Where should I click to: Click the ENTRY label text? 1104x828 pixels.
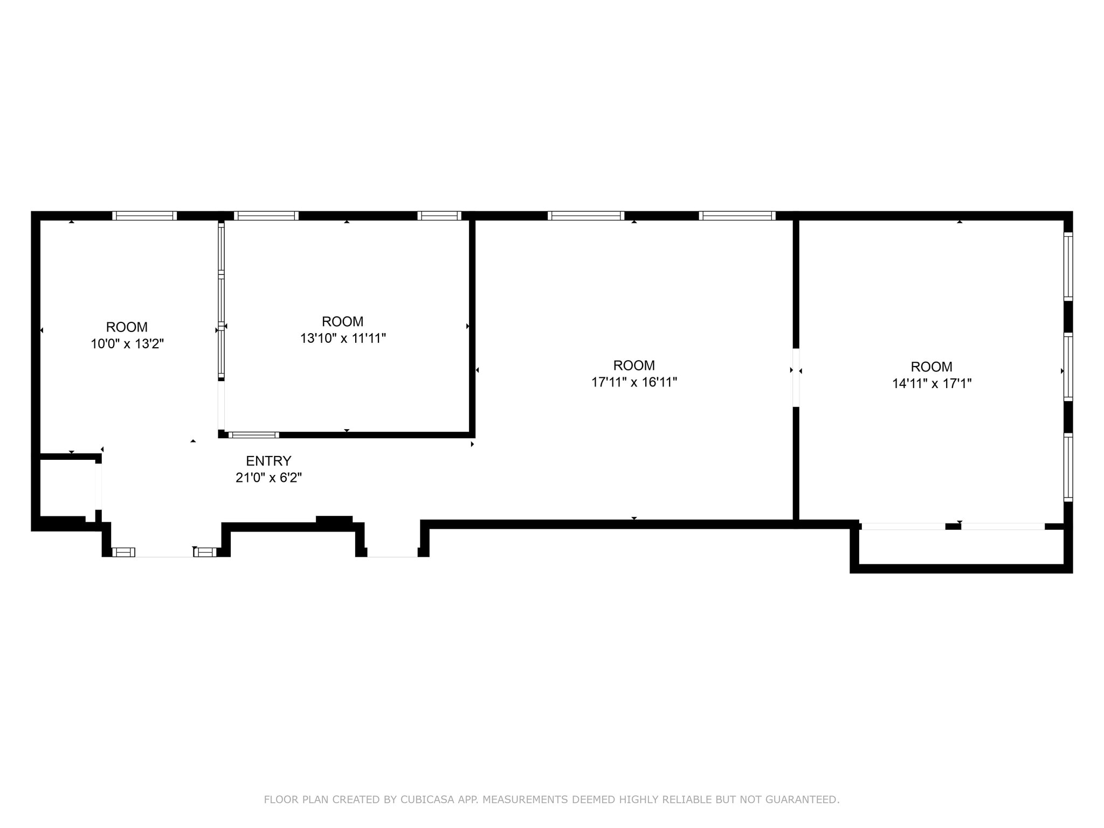coord(268,461)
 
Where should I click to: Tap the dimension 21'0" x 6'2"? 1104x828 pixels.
coord(268,478)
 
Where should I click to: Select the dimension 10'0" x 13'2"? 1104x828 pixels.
coord(127,344)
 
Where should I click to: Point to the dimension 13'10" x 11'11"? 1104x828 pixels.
coord(343,339)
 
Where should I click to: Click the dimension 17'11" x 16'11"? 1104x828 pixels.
coord(634,382)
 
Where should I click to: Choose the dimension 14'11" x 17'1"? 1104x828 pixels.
coord(931,384)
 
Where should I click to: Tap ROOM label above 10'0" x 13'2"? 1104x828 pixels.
coord(127,327)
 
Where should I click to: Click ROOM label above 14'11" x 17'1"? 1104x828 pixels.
coord(931,367)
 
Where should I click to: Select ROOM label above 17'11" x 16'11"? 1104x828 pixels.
coord(634,365)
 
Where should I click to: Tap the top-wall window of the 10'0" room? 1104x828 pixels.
coord(144,216)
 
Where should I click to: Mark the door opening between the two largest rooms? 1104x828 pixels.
coord(796,377)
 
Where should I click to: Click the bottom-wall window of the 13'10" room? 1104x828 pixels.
coord(253,434)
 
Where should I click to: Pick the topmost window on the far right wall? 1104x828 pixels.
coord(1068,266)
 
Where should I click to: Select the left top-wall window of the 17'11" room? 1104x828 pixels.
coord(586,216)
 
